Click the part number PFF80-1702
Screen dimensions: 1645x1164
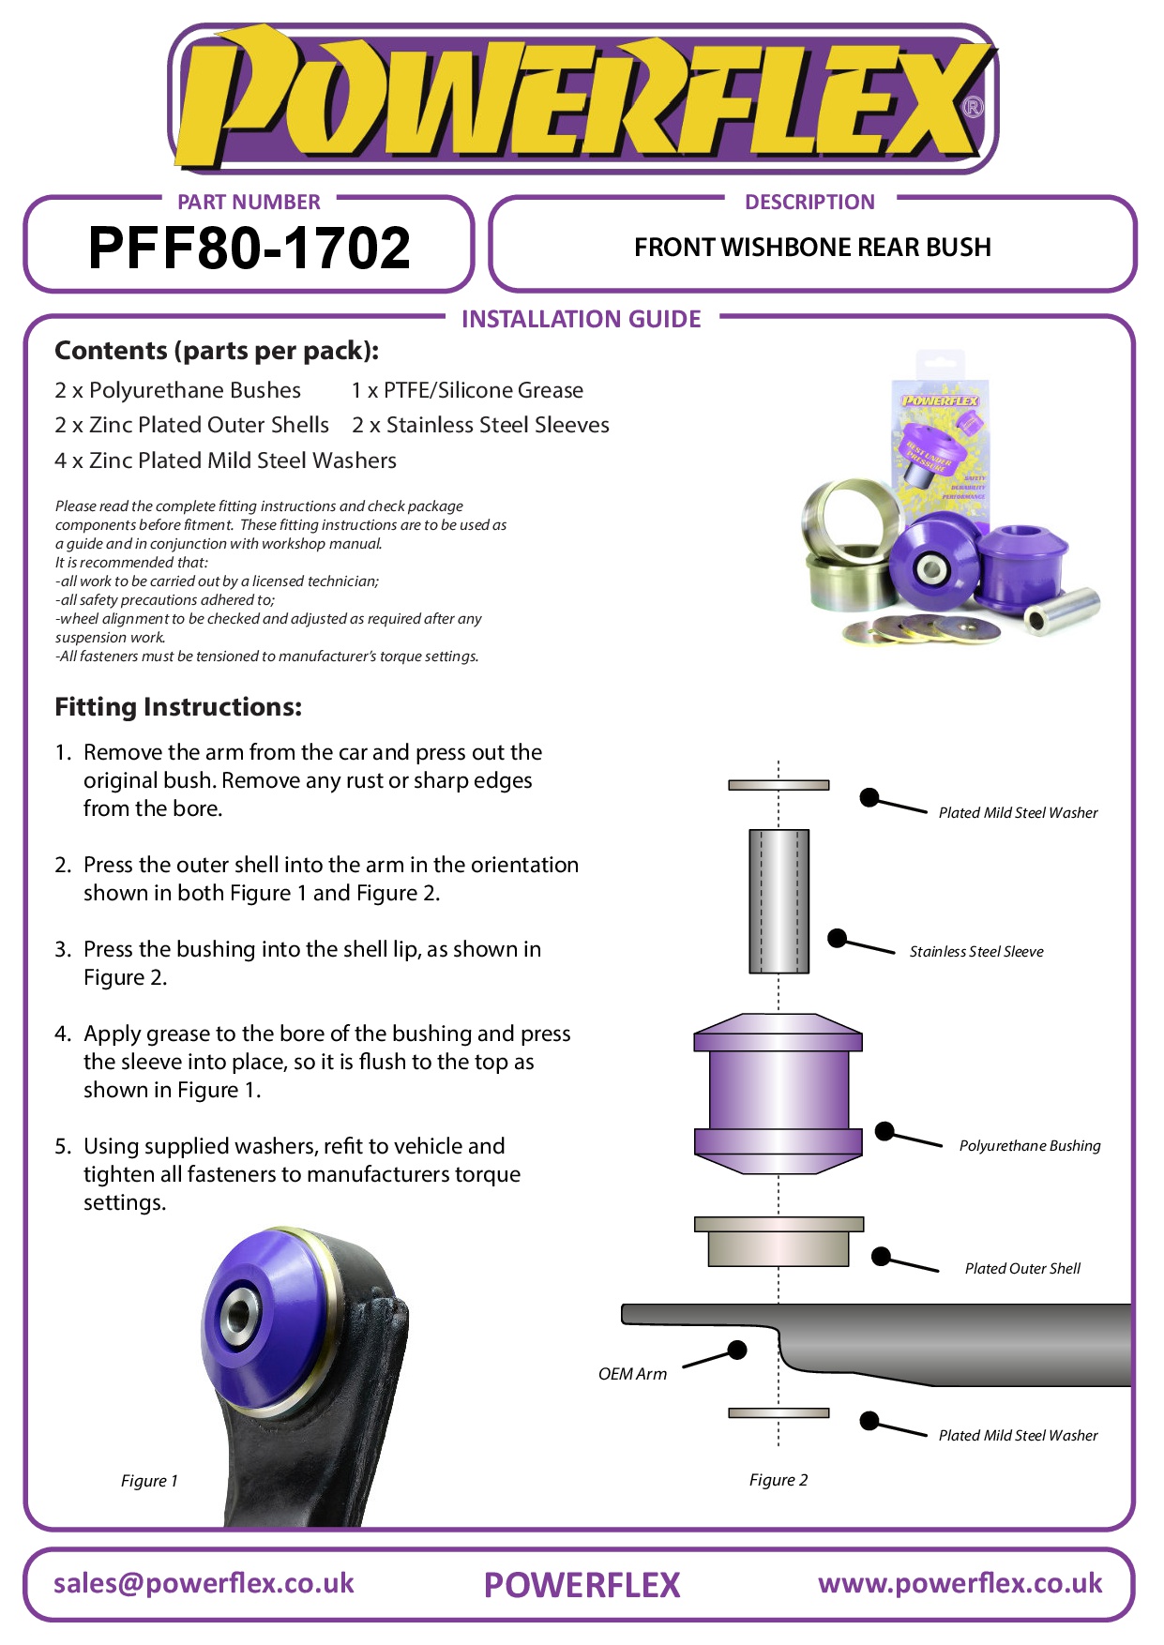pyautogui.click(x=249, y=249)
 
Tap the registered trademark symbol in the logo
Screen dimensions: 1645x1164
pyautogui.click(x=973, y=107)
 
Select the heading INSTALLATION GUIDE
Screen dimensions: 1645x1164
pyautogui.click(x=581, y=320)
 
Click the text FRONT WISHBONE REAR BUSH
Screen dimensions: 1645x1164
pyautogui.click(x=812, y=248)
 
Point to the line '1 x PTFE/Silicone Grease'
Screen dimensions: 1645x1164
pyautogui.click(x=467, y=390)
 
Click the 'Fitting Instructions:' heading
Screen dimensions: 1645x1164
pyautogui.click(x=178, y=707)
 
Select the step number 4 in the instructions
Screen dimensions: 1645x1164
pyautogui.click(x=62, y=1034)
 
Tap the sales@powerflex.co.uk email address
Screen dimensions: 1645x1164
pyautogui.click(x=204, y=1583)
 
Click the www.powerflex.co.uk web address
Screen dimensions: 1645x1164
pyautogui.click(x=960, y=1583)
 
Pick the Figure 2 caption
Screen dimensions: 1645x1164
pyautogui.click(x=778, y=1480)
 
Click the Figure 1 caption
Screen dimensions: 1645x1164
pyautogui.click(x=149, y=1481)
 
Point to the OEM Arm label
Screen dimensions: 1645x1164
pyautogui.click(x=632, y=1374)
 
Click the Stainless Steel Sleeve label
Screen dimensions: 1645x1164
pyautogui.click(x=975, y=952)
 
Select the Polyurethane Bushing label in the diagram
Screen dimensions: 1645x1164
pyautogui.click(x=1029, y=1146)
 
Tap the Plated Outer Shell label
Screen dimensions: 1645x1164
pyautogui.click(x=1021, y=1269)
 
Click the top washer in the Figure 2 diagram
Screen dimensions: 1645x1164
pyautogui.click(x=779, y=785)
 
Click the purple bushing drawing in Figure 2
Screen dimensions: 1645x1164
pyautogui.click(x=778, y=1094)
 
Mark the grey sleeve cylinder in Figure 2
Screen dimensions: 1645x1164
pyautogui.click(x=779, y=900)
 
